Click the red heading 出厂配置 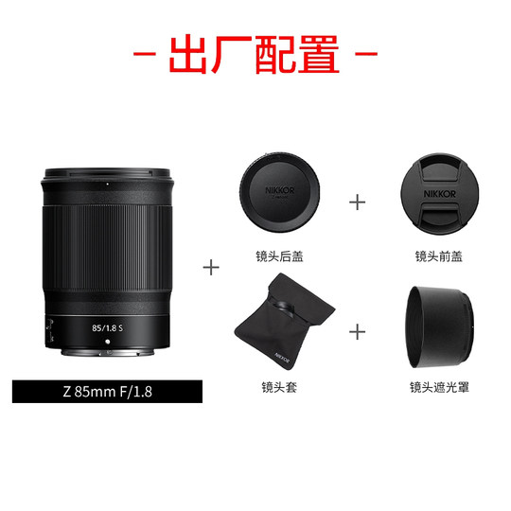(255, 55)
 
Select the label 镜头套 (279, 386)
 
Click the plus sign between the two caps (358, 201)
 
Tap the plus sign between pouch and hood (358, 331)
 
